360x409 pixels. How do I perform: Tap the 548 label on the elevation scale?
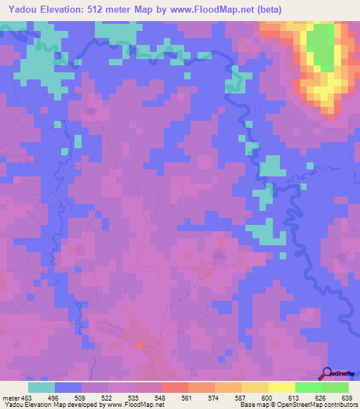161,397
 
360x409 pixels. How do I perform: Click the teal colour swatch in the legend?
41,387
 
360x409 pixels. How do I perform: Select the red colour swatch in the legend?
174,387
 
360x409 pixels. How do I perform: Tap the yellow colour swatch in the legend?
281,387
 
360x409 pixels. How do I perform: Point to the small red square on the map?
139,345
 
